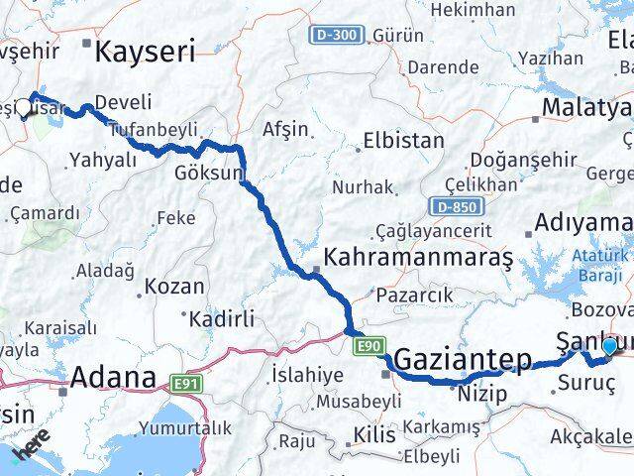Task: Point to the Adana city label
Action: [113, 378]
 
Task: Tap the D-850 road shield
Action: [451, 205]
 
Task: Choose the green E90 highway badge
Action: [369, 344]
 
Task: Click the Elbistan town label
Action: [403, 140]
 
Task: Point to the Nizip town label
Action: [482, 395]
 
